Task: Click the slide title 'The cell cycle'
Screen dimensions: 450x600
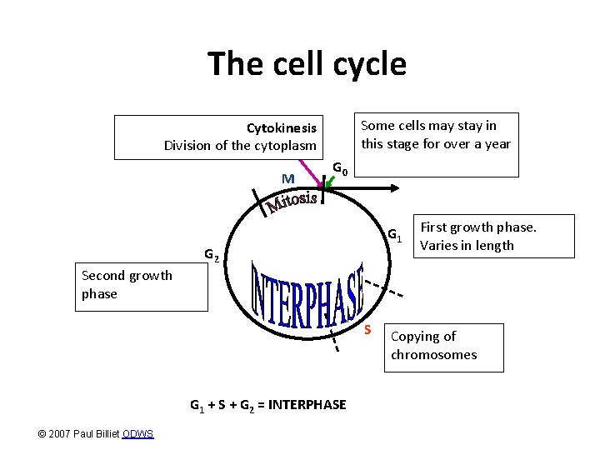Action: coord(307,63)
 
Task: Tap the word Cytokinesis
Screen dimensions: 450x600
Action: coord(281,128)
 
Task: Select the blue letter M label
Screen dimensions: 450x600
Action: coord(288,178)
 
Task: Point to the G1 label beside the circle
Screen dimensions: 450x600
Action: coord(396,237)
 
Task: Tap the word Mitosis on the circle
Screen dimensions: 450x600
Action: coord(292,200)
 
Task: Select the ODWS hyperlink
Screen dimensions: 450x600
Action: coord(137,433)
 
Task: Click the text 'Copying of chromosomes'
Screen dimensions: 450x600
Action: coord(433,345)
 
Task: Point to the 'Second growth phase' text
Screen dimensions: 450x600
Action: coord(127,284)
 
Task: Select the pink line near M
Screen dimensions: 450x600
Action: coord(316,171)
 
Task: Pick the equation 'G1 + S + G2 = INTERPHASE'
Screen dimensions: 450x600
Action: coord(267,405)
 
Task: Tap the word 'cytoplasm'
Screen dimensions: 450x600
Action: coord(287,146)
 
